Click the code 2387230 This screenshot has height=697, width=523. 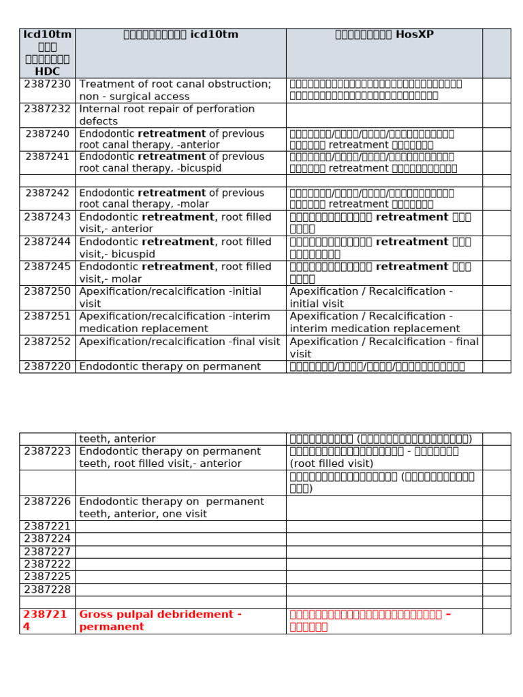[x=47, y=84]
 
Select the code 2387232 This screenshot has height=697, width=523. [x=47, y=109]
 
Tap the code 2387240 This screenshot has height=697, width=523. [x=47, y=133]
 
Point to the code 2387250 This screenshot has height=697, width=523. [x=47, y=291]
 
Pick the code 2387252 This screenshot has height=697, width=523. [x=47, y=342]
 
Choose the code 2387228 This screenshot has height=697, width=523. [x=47, y=589]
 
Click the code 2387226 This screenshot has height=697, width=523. [x=47, y=502]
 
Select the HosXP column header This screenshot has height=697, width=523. [x=383, y=35]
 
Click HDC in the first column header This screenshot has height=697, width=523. [x=47, y=70]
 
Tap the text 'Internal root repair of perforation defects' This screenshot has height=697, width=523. [x=167, y=115]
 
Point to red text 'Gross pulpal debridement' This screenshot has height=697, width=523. [x=161, y=615]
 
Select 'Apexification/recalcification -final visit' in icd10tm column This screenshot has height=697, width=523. [x=180, y=342]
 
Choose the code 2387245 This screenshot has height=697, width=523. [x=47, y=267]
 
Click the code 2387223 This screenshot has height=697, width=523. [x=47, y=451]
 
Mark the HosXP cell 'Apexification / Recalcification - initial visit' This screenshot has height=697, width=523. [x=371, y=297]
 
